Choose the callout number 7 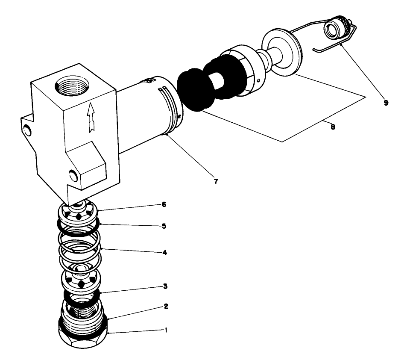216,182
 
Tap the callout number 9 386,103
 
